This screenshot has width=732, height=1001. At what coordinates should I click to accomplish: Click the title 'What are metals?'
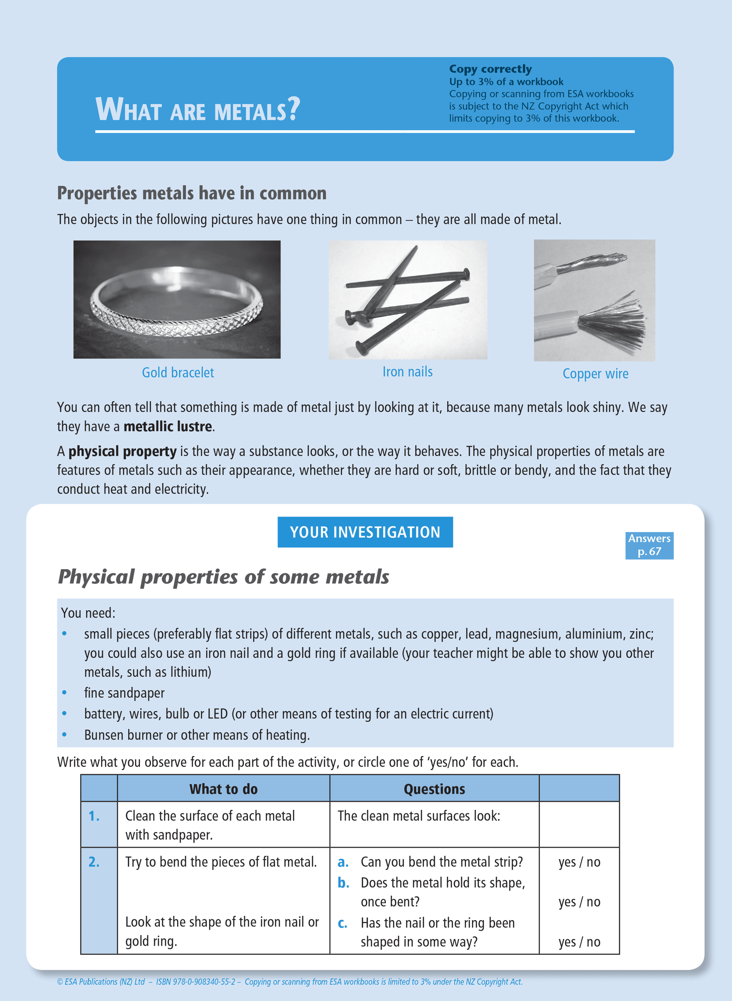[x=197, y=109]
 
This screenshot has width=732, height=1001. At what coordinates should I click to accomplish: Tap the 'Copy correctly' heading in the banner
[x=490, y=69]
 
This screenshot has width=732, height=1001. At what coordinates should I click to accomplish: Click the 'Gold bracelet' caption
[x=178, y=373]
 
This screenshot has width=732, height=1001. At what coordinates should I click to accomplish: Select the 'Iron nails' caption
[x=407, y=372]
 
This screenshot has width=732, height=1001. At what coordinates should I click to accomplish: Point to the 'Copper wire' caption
[x=595, y=374]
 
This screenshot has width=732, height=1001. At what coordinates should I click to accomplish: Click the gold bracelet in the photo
[x=176, y=306]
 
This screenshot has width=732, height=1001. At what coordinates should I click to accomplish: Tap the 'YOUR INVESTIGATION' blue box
[x=365, y=532]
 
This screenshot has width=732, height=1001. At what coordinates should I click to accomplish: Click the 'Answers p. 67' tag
[x=649, y=545]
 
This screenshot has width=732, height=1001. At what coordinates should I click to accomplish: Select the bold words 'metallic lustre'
[x=167, y=426]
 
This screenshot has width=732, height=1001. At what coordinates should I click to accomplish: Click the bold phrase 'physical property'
[x=122, y=451]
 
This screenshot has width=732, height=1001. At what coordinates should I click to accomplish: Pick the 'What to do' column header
[x=223, y=789]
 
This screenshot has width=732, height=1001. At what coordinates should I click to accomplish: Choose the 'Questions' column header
[x=434, y=789]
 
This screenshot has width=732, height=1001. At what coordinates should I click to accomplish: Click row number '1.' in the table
[x=94, y=816]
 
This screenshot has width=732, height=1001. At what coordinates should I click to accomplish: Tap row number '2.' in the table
[x=94, y=861]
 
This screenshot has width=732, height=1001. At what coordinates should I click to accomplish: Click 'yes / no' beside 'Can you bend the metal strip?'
[x=579, y=862]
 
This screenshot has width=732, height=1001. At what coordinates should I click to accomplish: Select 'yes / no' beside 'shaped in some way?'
[x=579, y=942]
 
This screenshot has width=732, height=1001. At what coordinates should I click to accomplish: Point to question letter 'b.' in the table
[x=343, y=883]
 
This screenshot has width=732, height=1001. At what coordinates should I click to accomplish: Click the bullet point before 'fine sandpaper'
[x=65, y=693]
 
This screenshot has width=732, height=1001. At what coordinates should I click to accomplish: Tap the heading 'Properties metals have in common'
[x=192, y=193]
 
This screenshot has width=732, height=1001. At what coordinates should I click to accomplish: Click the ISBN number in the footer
[x=195, y=981]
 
